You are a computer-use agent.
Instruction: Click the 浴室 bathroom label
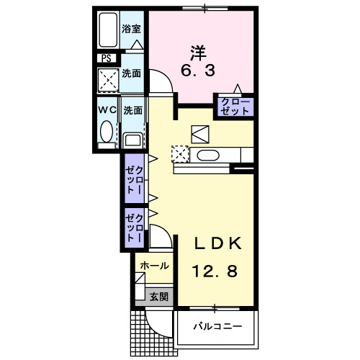tap(130, 30)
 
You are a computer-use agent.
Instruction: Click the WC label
tap(107, 110)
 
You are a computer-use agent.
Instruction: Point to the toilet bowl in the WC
tap(107, 133)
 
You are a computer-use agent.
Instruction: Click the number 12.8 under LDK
tap(212, 271)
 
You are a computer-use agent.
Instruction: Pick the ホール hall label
tap(154, 266)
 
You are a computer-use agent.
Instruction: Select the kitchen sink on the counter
tap(208, 154)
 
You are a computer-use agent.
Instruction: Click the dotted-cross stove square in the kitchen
tap(179, 153)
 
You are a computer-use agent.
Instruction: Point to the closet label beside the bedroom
tap(235, 107)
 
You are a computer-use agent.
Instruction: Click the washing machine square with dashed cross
tap(109, 78)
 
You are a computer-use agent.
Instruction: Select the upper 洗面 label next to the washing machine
tap(131, 73)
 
